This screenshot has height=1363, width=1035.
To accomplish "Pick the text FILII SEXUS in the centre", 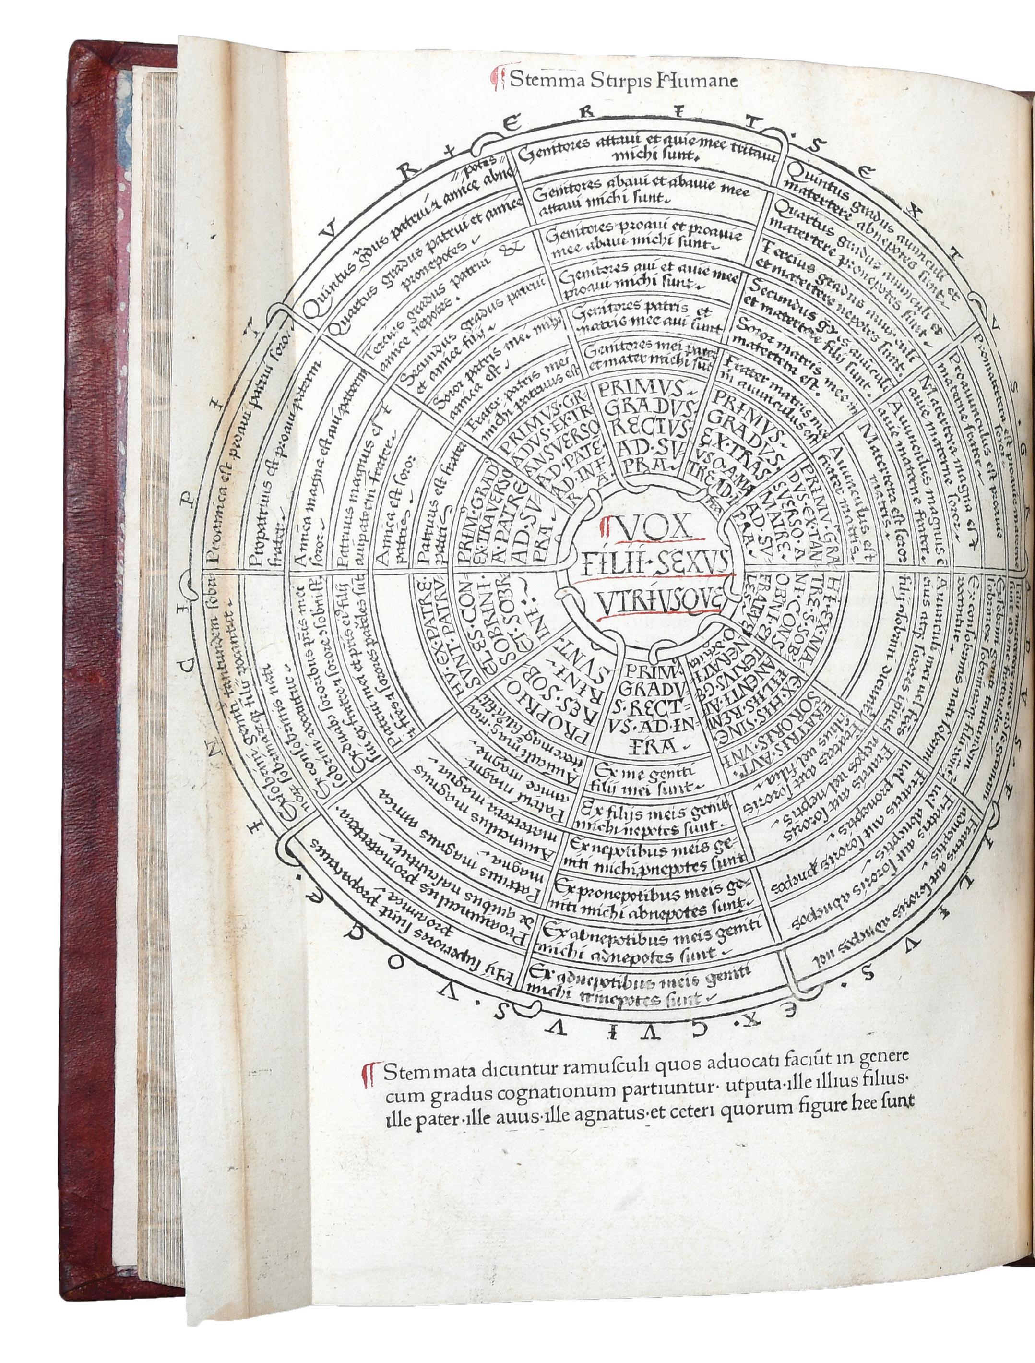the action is (651, 562).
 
